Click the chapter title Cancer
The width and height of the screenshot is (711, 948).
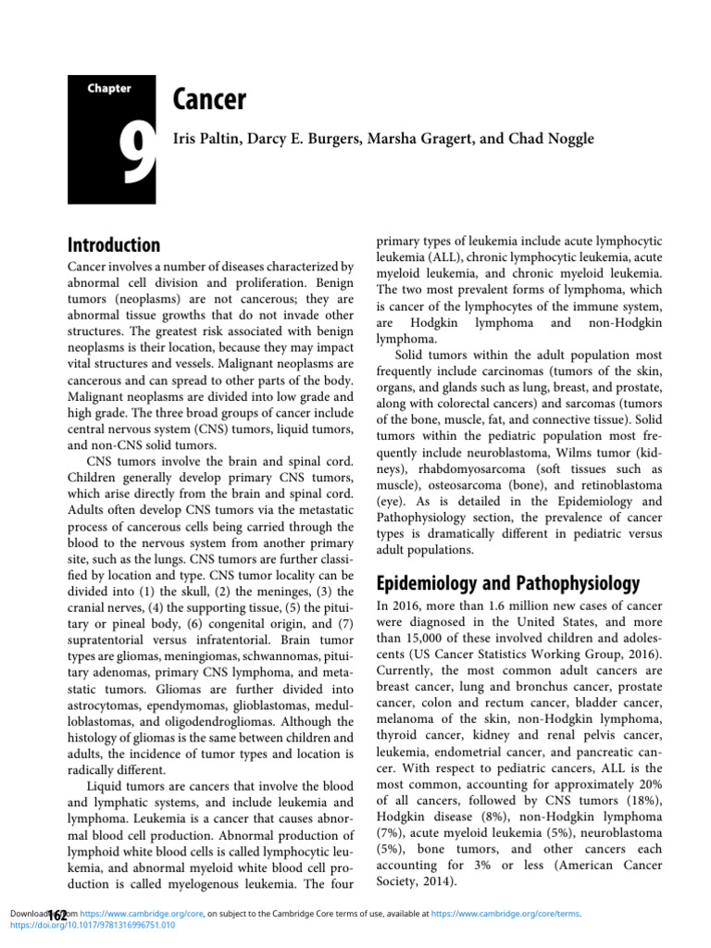[209, 100]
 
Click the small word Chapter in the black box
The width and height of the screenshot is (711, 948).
[109, 89]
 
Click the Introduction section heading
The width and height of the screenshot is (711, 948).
[114, 245]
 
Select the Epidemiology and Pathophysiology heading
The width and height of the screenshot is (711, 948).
[507, 583]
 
